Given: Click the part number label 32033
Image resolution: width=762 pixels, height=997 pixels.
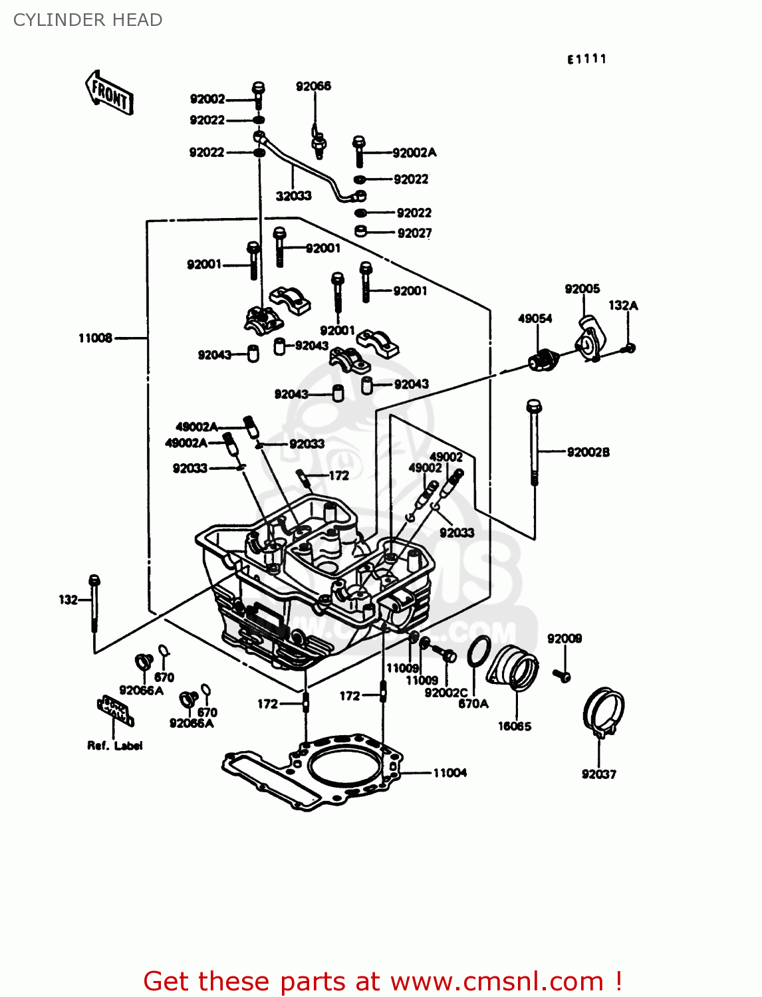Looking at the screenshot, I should click(293, 195).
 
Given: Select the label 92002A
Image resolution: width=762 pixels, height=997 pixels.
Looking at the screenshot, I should click(414, 153).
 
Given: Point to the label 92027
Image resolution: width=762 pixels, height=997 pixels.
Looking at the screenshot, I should click(414, 233).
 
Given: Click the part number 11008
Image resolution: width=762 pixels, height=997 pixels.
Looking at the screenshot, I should click(95, 338).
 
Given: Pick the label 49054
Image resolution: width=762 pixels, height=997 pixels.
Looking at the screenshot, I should click(535, 318).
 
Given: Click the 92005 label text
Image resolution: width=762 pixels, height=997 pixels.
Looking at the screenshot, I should click(582, 288).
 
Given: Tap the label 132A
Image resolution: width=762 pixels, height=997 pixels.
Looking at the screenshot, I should click(623, 305).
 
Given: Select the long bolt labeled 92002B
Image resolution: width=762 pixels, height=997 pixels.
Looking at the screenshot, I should click(534, 442).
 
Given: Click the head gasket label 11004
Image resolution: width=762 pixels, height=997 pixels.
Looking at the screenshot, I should click(449, 772).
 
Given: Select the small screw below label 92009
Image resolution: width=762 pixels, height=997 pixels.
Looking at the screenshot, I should click(562, 675).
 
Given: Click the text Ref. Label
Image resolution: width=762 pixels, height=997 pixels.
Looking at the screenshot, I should click(115, 746).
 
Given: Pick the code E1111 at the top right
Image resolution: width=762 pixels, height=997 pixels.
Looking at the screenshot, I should click(586, 59).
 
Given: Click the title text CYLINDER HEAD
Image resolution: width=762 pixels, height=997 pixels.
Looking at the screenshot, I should click(88, 20).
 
